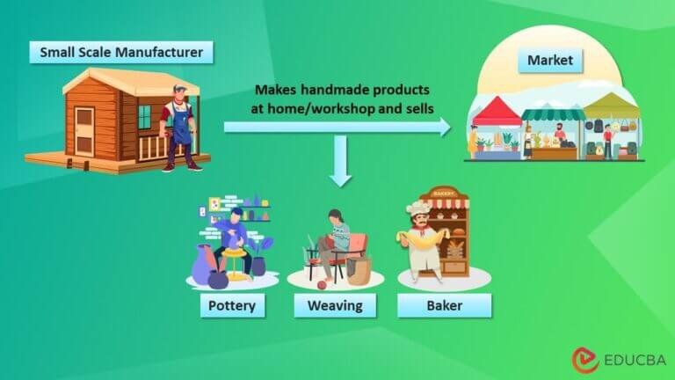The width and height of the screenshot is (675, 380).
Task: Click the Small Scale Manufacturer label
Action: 121,53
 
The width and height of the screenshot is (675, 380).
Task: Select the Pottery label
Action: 228,306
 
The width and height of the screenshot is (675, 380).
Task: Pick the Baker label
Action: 444,306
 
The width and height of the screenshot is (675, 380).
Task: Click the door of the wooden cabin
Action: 84,131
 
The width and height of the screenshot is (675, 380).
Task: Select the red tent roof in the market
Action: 497,112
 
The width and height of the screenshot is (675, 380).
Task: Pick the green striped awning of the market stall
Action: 553,113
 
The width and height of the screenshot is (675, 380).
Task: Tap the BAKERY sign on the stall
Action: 445,193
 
